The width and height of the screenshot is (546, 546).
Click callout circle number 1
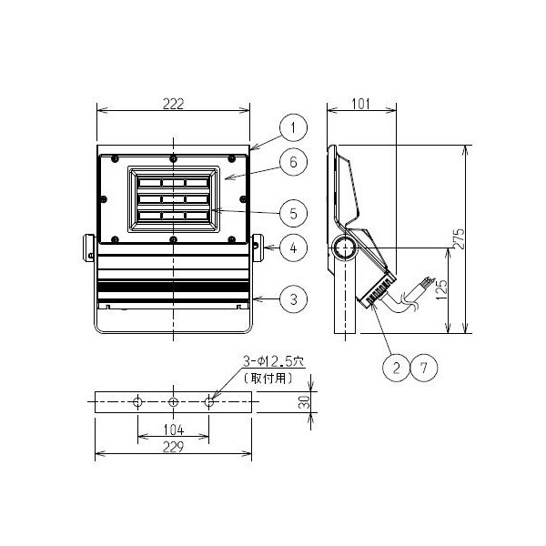click(x=294, y=127)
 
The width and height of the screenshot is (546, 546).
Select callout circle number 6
click(x=294, y=162)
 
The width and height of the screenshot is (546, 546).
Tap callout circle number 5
click(x=294, y=214)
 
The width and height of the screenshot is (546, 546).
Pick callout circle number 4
click(x=294, y=248)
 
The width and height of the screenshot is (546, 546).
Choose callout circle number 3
click(x=294, y=299)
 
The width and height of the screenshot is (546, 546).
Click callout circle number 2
click(x=396, y=368)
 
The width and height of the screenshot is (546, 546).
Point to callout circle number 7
click(x=424, y=368)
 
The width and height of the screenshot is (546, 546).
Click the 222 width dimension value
click(x=173, y=104)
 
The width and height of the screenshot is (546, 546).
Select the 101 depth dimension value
click(x=360, y=104)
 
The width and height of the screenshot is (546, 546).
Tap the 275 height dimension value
click(x=460, y=238)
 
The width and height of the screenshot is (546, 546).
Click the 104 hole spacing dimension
click(x=174, y=430)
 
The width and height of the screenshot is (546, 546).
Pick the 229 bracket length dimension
click(x=173, y=447)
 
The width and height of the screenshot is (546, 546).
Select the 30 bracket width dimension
click(x=305, y=402)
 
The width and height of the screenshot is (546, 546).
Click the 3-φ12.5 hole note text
click(x=273, y=361)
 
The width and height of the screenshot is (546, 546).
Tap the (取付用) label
click(x=268, y=379)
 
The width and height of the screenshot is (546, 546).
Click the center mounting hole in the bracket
click(x=173, y=402)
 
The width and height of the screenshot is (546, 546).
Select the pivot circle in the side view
click(x=345, y=247)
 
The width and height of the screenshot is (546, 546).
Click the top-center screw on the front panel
click(x=173, y=159)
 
